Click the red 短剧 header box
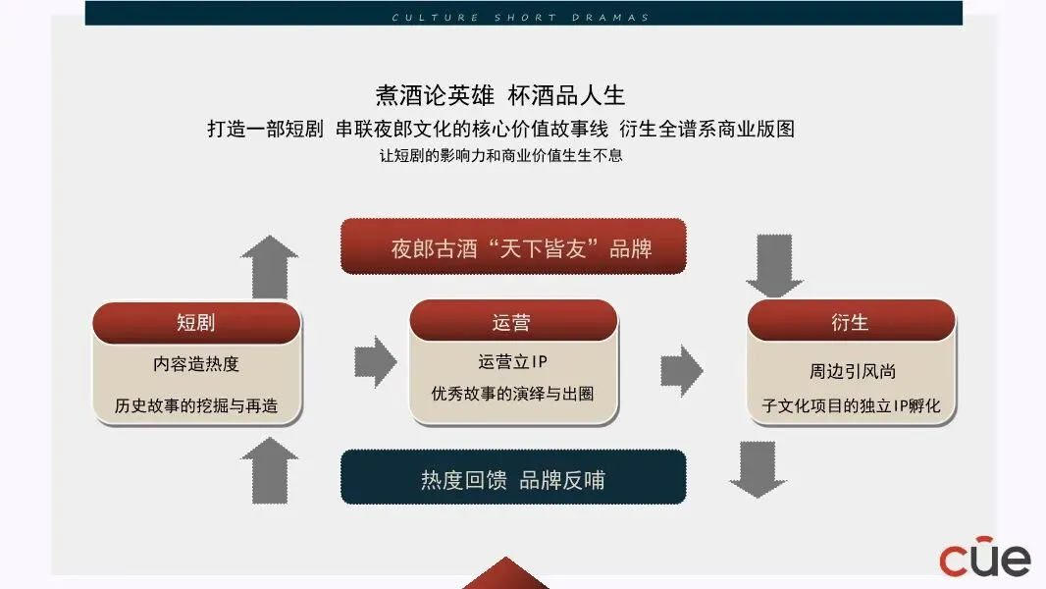196,322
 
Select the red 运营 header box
512,321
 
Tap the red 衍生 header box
850,322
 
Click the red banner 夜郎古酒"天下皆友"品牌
512,247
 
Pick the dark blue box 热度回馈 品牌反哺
512,479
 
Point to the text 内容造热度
196,364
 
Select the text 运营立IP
512,362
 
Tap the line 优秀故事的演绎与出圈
512,394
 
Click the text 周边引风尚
852,372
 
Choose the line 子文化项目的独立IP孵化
852,404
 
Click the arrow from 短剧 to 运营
374,361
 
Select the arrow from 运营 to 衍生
682,370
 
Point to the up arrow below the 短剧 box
270,469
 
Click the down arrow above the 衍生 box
774,265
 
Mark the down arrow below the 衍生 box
758,468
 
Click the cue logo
985,557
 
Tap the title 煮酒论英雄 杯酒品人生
500,95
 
